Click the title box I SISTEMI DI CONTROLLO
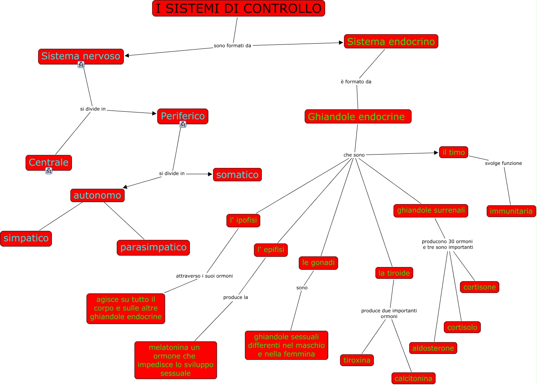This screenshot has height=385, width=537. click(x=239, y=8)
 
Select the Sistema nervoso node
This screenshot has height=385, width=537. click(x=81, y=56)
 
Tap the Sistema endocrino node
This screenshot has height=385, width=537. click(x=391, y=41)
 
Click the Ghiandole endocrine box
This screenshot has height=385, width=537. click(x=358, y=116)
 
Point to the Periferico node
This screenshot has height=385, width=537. click(x=183, y=116)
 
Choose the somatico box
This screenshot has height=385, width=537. click(x=237, y=175)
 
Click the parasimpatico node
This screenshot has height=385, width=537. click(x=153, y=247)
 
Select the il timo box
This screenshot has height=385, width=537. click(x=453, y=152)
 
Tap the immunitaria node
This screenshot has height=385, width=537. click(x=511, y=211)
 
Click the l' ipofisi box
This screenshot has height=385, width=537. click(x=243, y=220)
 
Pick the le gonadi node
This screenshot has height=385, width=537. click(x=318, y=263)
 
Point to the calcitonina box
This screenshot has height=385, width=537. click(x=413, y=378)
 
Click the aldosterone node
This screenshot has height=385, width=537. click(x=433, y=348)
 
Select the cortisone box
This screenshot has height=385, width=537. click(x=479, y=287)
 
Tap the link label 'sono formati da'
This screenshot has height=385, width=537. click(x=232, y=46)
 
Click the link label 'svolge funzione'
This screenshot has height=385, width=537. click(x=503, y=163)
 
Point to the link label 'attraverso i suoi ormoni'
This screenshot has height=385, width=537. click(x=204, y=276)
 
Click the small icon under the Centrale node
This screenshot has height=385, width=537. click(x=49, y=171)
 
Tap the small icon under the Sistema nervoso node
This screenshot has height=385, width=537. click(x=81, y=65)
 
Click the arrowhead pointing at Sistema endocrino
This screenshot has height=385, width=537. click(x=341, y=42)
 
